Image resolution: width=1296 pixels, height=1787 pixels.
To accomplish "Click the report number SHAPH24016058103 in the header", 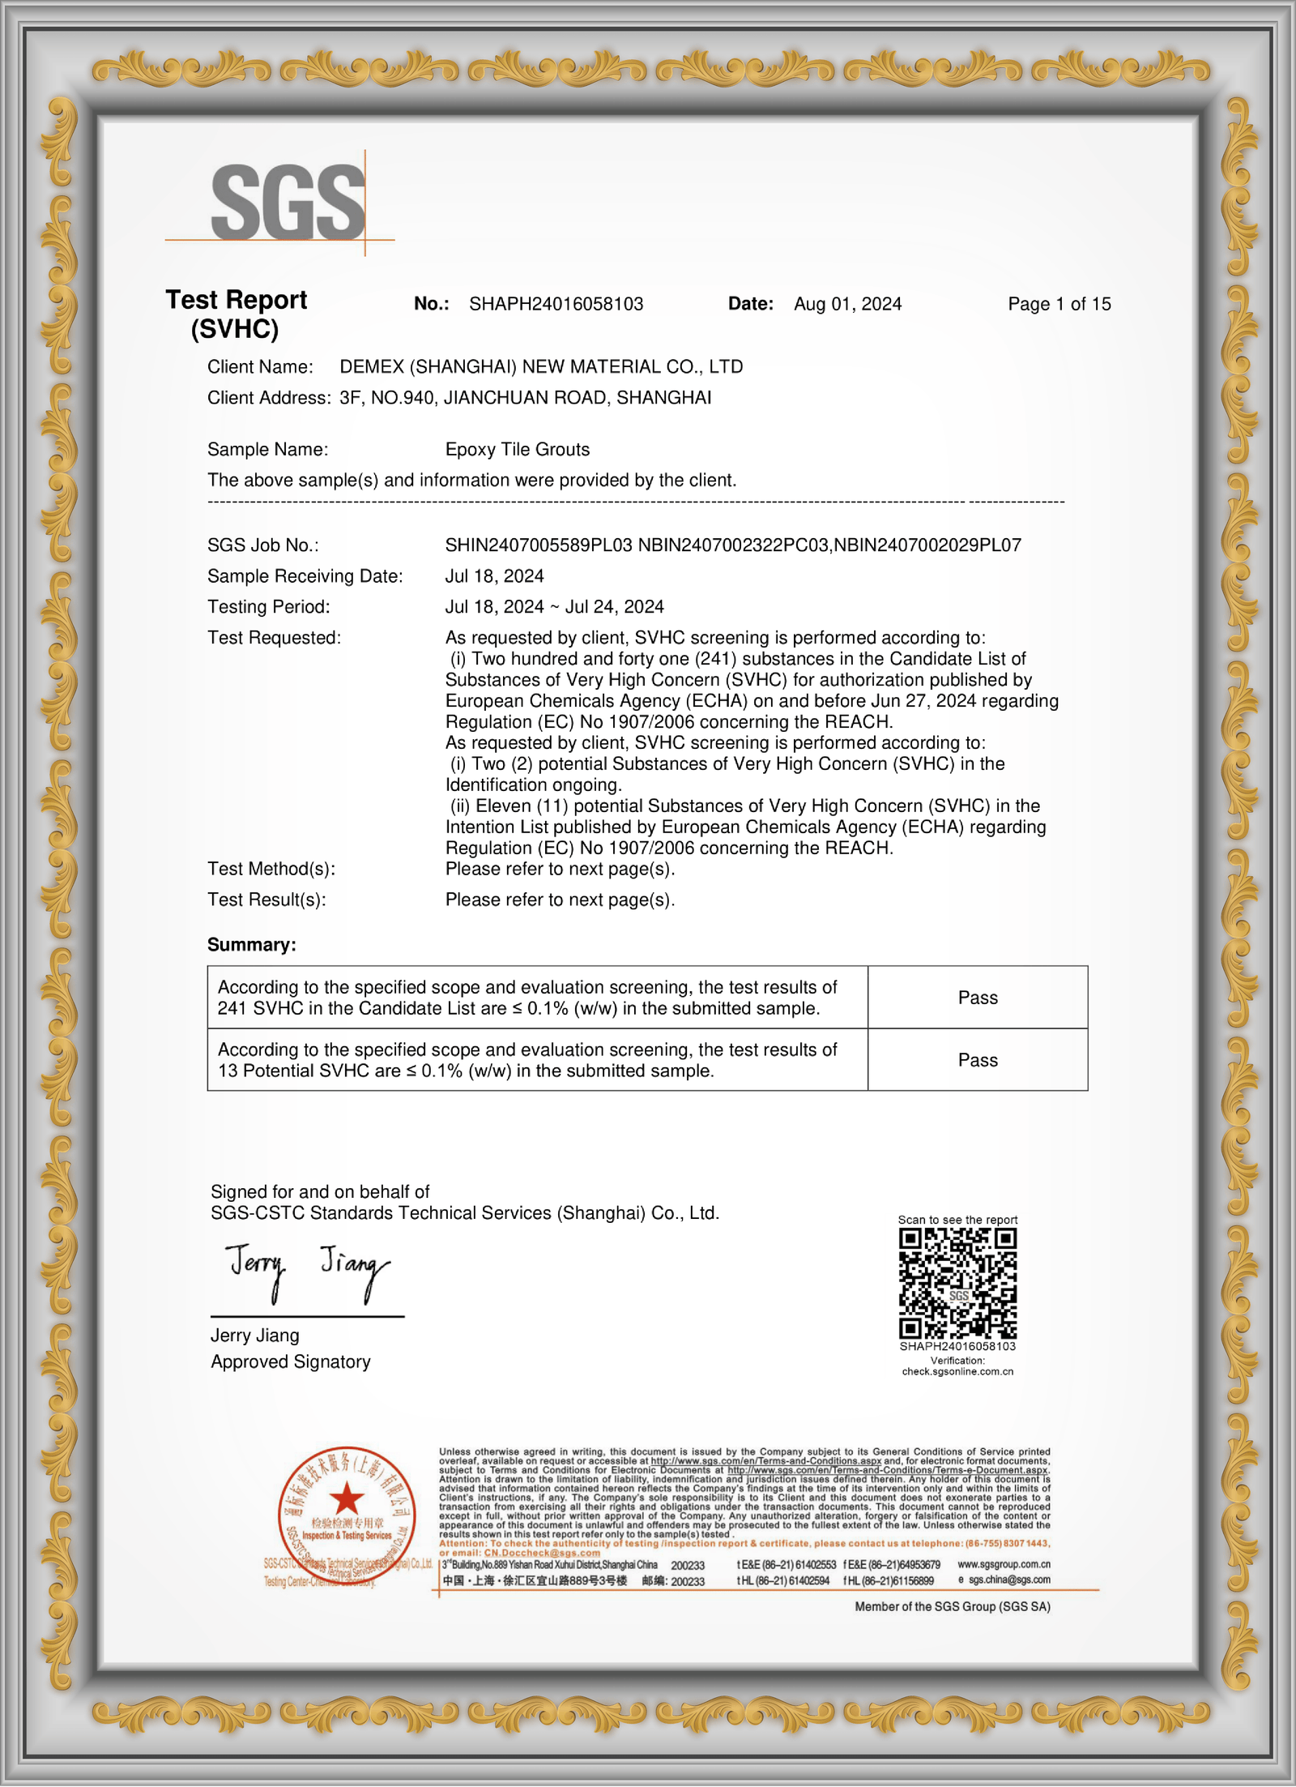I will tap(556, 304).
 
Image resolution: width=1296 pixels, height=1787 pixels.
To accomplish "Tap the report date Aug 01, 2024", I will tap(847, 304).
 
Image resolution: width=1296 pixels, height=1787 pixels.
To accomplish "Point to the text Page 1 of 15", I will tap(1059, 304).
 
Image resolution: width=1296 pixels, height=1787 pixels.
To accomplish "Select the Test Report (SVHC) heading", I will tap(236, 314).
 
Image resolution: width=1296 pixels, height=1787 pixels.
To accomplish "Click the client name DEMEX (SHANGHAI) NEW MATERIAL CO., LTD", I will tap(541, 367).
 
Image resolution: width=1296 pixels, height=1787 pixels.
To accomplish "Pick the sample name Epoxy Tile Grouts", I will tap(517, 450).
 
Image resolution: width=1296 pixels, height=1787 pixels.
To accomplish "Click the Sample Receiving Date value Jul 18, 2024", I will tap(494, 576).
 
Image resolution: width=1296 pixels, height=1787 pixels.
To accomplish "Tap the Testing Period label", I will tap(268, 607).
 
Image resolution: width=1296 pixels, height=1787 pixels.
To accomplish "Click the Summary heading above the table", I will tap(251, 945).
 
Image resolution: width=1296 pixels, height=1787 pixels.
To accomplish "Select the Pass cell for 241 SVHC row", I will tap(978, 998).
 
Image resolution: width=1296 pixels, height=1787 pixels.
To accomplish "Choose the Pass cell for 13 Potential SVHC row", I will tap(978, 1060).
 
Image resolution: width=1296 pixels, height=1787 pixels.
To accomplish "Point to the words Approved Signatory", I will tap(290, 1362).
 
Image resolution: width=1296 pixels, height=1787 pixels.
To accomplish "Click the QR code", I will tap(957, 1284).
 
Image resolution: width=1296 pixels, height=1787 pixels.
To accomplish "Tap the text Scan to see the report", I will tap(957, 1220).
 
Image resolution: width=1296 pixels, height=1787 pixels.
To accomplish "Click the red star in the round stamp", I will tap(347, 1498).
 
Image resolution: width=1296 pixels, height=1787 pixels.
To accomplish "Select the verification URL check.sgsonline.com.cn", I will tap(957, 1371).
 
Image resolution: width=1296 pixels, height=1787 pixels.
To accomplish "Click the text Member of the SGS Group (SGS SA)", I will tap(952, 1606).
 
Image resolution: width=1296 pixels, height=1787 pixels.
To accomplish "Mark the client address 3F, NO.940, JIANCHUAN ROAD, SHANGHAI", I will tap(525, 398).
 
